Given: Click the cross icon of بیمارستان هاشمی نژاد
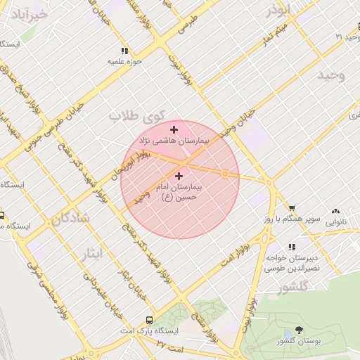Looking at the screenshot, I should pyautogui.click(x=174, y=129).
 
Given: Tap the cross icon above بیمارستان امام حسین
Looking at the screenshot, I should pyautogui.click(x=179, y=176).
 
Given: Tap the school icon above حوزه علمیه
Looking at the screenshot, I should pyautogui.click(x=125, y=51).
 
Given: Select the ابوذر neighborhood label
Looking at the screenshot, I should pyautogui.click(x=278, y=10).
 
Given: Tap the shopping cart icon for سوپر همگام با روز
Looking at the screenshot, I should pyautogui.click(x=292, y=208).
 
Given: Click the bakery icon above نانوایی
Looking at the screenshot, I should pyautogui.click(x=335, y=210).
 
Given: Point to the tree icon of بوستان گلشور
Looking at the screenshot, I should pyautogui.click(x=300, y=330).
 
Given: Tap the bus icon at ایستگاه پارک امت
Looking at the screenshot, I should pyautogui.click(x=148, y=320).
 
